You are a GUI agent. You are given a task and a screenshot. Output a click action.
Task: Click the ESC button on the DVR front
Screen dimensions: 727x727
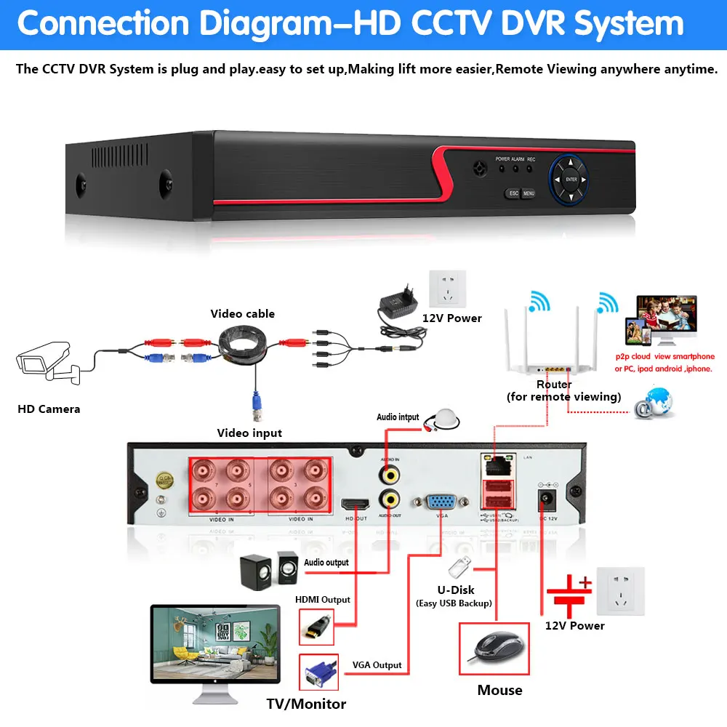click(x=513, y=193)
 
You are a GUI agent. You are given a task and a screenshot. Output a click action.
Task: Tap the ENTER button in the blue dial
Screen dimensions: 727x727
click(x=571, y=179)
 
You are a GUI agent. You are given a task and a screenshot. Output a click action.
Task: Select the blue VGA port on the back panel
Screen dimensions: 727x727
click(x=441, y=502)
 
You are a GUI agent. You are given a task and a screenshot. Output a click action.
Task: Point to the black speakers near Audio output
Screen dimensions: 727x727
click(x=268, y=570)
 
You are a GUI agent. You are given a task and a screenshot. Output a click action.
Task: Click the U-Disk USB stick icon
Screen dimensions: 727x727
click(x=457, y=566)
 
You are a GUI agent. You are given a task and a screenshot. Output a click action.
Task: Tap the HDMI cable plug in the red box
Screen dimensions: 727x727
click(x=317, y=626)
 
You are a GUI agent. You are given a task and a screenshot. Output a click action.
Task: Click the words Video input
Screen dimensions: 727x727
click(x=249, y=433)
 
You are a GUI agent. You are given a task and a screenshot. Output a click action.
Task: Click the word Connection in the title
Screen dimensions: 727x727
click(x=105, y=23)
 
